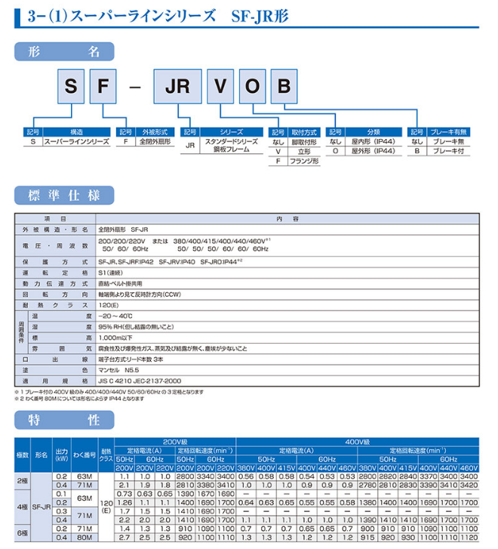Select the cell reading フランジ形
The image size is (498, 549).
tap(305, 161)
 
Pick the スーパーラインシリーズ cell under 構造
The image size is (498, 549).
tap(77, 141)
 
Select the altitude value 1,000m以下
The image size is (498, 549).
tap(116, 338)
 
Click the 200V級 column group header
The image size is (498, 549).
tap(174, 441)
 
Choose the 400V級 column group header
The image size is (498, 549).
tap(358, 441)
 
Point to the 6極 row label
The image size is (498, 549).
tap(22, 533)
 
